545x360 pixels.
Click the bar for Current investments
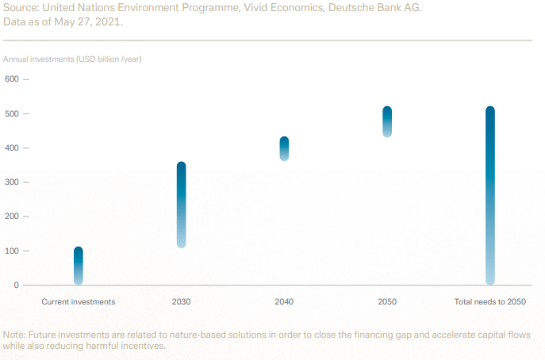coord(79,266)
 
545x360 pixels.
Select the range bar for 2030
coord(181,205)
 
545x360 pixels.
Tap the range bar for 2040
coord(284,148)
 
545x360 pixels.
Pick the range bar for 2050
coord(387,121)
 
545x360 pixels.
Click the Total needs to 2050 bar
coord(489,195)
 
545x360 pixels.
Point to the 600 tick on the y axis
coord(12,79)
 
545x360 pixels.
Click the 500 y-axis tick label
coord(12,114)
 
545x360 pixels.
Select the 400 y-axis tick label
coord(12,148)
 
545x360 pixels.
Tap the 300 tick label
coord(12,182)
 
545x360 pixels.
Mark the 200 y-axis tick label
coord(12,216)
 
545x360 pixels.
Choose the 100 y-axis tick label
coord(12,251)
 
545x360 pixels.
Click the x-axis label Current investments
coord(79,302)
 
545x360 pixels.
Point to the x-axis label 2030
coord(181,302)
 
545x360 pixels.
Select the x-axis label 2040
coord(284,302)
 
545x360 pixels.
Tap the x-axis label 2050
coord(387,302)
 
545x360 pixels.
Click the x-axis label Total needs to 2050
coord(489,302)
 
